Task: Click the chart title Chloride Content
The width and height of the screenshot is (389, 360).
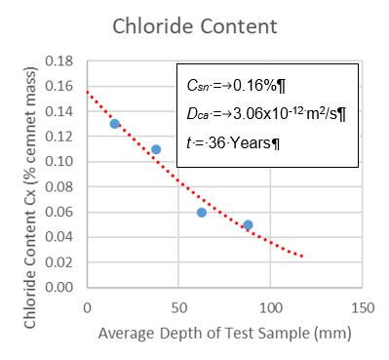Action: [195, 25]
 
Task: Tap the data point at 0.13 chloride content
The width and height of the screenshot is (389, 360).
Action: [115, 124]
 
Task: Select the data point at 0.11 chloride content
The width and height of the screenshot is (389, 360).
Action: [156, 149]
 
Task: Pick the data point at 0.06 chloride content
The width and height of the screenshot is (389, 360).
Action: [202, 212]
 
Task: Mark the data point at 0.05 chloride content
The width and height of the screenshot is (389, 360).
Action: [248, 224]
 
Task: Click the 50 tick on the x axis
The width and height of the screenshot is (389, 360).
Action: [178, 307]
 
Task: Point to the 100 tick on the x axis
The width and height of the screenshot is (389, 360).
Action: [269, 307]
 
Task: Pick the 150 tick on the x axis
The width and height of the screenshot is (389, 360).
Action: [361, 307]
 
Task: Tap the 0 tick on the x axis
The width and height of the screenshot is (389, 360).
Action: [88, 307]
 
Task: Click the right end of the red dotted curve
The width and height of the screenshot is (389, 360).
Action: [302, 257]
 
